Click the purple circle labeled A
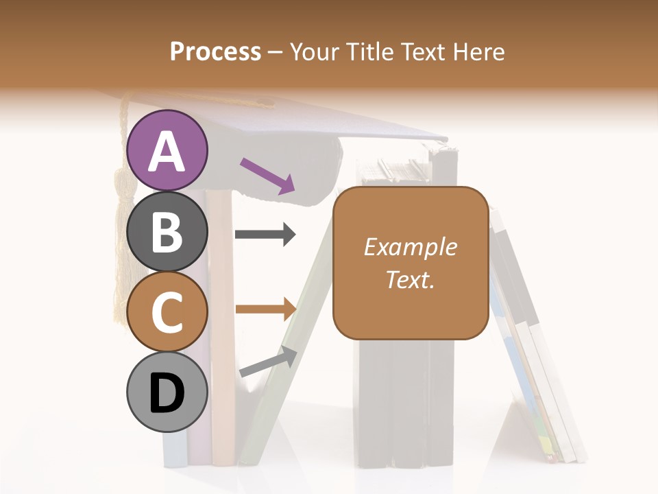(x=167, y=150)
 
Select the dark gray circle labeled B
(x=167, y=231)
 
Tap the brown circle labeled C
(x=167, y=311)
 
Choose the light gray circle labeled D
(x=167, y=392)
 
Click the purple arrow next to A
(x=267, y=176)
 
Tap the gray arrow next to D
(x=268, y=362)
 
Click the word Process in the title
(x=215, y=52)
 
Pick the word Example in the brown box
(x=410, y=247)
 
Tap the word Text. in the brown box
(x=410, y=279)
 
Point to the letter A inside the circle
(x=167, y=152)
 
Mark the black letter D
(x=167, y=393)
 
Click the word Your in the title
(x=315, y=52)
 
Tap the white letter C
(x=167, y=313)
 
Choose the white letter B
(x=167, y=232)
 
